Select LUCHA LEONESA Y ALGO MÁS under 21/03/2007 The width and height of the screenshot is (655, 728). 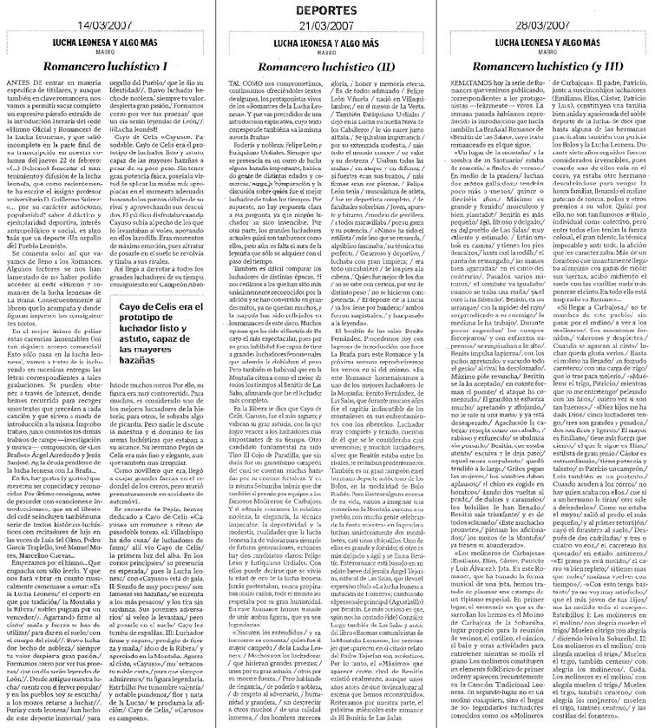[x=326, y=41]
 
